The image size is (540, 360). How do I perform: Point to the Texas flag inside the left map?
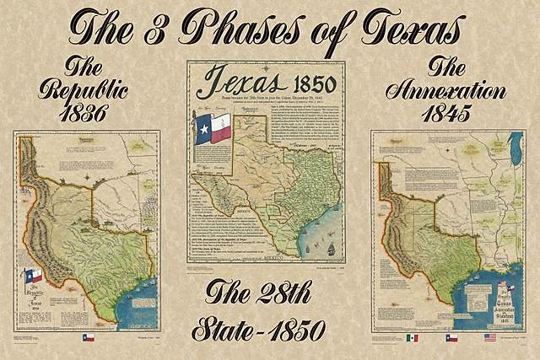pos(32,276)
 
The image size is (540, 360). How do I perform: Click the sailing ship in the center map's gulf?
pos(331,250)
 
